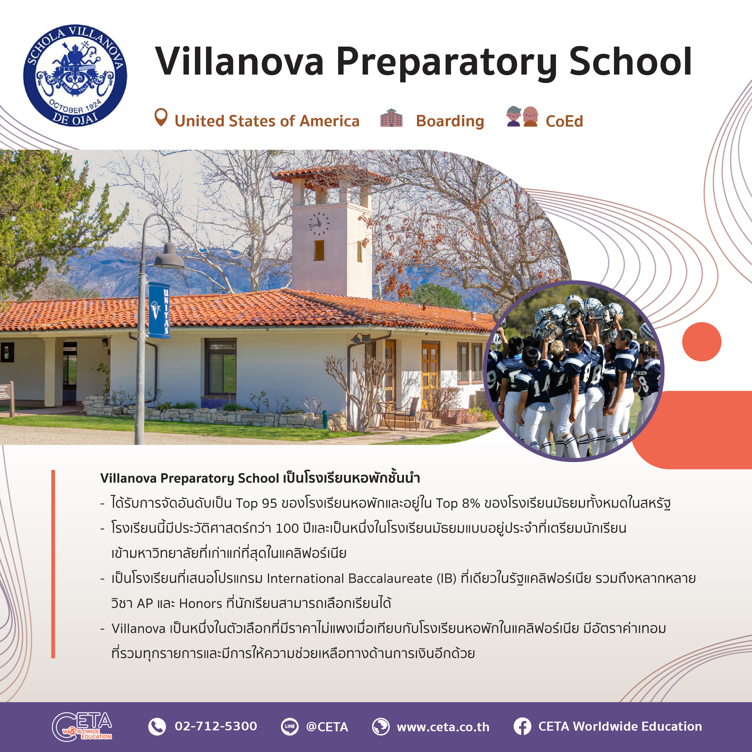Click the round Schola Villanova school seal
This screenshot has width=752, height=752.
[75, 75]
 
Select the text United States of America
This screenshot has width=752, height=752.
[267, 121]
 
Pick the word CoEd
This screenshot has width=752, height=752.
[564, 121]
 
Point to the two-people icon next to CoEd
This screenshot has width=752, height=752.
[522, 116]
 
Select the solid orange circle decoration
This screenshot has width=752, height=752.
[702, 342]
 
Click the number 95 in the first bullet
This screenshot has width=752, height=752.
[269, 503]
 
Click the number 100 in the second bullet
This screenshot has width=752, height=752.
[287, 529]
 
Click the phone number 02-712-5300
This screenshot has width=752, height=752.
[216, 726]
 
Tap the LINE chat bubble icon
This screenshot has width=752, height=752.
[290, 726]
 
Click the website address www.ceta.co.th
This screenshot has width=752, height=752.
[443, 727]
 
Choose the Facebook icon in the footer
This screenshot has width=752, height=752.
[522, 726]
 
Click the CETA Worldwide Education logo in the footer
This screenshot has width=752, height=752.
[82, 727]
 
